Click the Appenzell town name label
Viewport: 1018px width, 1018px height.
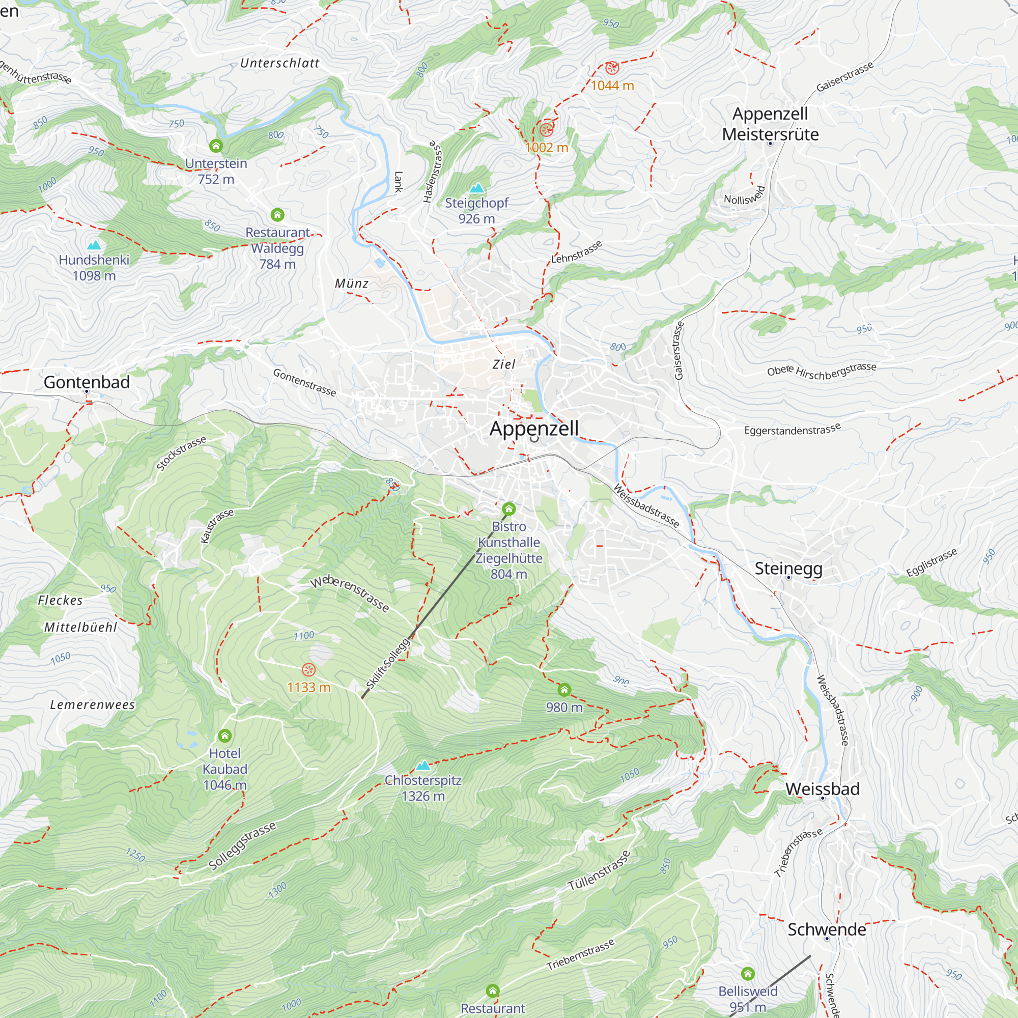click(x=534, y=428)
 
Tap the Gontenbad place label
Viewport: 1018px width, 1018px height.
click(x=87, y=382)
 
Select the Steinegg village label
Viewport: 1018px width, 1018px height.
click(x=788, y=569)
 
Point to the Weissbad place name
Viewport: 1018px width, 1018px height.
click(x=822, y=789)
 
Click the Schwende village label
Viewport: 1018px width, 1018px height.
click(x=826, y=929)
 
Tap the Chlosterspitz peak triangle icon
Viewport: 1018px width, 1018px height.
click(x=422, y=766)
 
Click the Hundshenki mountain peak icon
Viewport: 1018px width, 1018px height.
click(x=94, y=245)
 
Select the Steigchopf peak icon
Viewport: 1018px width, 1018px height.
click(x=476, y=188)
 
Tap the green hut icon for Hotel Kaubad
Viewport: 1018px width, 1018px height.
click(x=224, y=736)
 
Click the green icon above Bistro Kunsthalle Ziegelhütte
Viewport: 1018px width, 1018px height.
click(x=508, y=508)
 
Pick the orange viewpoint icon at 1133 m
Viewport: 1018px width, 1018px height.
click(x=308, y=670)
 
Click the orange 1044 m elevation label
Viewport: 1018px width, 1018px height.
click(x=612, y=86)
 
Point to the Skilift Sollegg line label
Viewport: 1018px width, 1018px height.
click(x=388, y=663)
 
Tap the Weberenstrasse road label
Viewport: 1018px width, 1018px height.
click(x=350, y=594)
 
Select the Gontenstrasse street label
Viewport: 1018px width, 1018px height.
click(x=304, y=383)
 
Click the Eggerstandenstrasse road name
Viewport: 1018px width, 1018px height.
click(x=792, y=430)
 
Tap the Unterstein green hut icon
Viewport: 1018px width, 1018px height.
click(x=215, y=146)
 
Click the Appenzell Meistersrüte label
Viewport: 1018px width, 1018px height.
click(x=770, y=124)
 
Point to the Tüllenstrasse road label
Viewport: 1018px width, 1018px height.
click(x=599, y=870)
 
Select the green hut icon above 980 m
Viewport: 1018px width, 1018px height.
click(x=564, y=690)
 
